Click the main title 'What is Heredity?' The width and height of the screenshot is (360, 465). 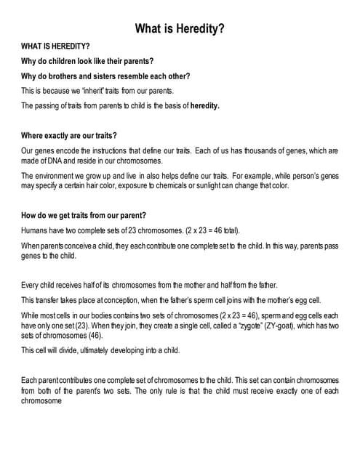[x=180, y=29]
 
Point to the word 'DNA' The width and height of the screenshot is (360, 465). [x=64, y=161]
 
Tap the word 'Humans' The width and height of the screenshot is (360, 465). [x=35, y=230]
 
